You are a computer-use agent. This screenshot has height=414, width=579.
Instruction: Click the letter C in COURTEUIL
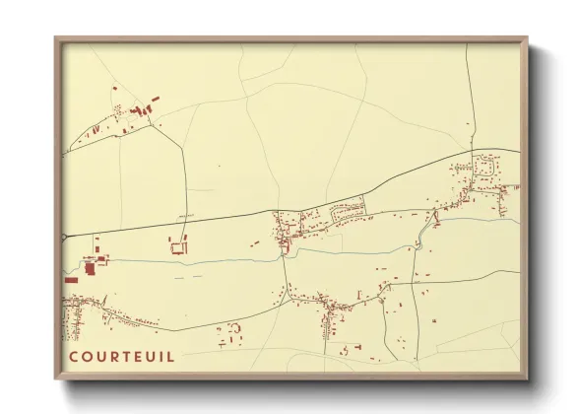coord(73,356)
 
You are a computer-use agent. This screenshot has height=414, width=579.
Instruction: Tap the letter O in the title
coord(87,356)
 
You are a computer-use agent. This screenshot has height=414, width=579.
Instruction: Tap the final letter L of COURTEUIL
coord(171,356)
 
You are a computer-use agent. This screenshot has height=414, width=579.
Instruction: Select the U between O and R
coord(100,356)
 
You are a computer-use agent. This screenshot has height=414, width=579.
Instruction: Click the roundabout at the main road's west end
coord(65,237)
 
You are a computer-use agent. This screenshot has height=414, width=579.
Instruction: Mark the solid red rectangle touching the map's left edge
coord(71,280)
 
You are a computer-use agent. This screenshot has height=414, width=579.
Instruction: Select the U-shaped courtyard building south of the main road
coord(178,245)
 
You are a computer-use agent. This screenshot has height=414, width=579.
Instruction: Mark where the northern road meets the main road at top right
coord(475,150)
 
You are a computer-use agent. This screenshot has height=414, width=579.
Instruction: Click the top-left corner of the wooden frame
coord(56,38)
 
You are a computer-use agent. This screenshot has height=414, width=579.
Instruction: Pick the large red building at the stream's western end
coord(90,266)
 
